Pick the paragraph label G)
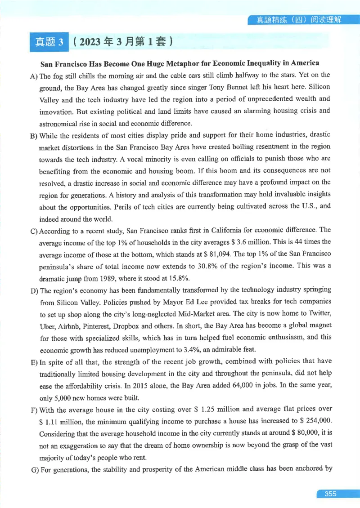click(34, 469)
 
